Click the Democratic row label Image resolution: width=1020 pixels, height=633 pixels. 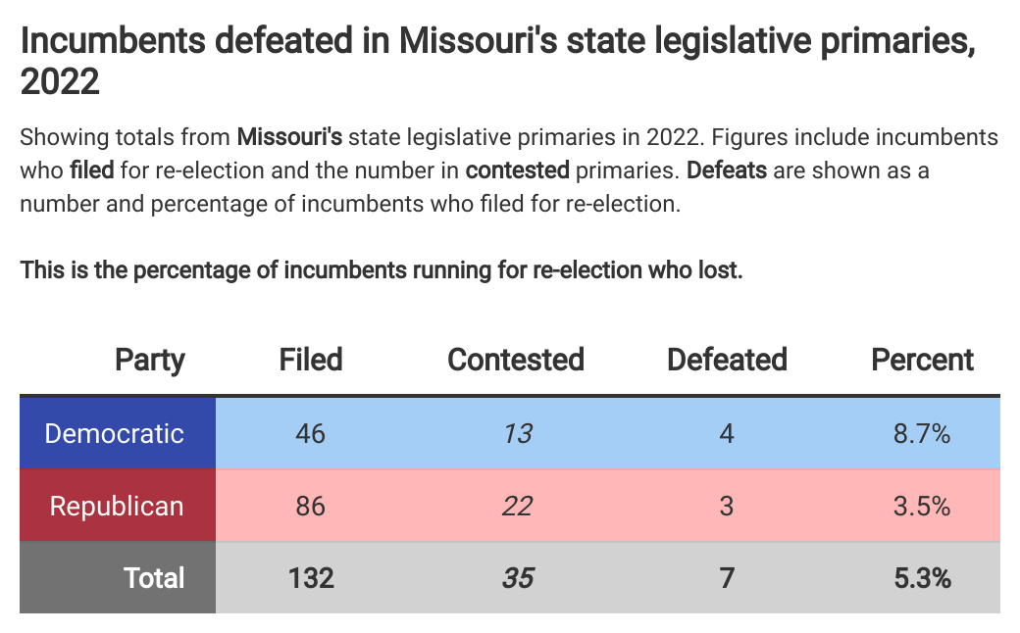[x=115, y=433]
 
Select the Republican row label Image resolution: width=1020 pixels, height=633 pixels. [x=117, y=506]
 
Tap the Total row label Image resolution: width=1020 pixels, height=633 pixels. [x=154, y=577]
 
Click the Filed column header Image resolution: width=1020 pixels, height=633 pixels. [x=311, y=360]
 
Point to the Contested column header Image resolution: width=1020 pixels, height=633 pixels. [x=516, y=360]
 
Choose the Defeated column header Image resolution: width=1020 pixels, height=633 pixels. [x=727, y=360]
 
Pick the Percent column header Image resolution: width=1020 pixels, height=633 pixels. [x=922, y=360]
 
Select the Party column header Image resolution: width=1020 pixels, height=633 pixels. [x=150, y=360]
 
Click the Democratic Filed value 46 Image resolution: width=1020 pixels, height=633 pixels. [x=311, y=433]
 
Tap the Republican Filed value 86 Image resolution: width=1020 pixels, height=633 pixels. [x=311, y=506]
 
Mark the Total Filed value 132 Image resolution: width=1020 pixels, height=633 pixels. [x=311, y=577]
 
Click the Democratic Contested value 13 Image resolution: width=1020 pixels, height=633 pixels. [x=517, y=433]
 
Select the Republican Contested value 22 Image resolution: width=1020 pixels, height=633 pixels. [x=517, y=506]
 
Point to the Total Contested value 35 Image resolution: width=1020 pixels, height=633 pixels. [x=517, y=577]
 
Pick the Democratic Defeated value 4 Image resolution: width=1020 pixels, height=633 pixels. [x=727, y=433]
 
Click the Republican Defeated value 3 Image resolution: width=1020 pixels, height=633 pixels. [x=727, y=506]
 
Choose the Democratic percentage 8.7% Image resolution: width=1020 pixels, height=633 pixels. [x=922, y=433]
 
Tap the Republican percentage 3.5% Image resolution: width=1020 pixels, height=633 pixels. [x=922, y=506]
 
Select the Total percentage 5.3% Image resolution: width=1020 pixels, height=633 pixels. [x=922, y=577]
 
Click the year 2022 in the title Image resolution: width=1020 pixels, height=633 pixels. [x=60, y=82]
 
